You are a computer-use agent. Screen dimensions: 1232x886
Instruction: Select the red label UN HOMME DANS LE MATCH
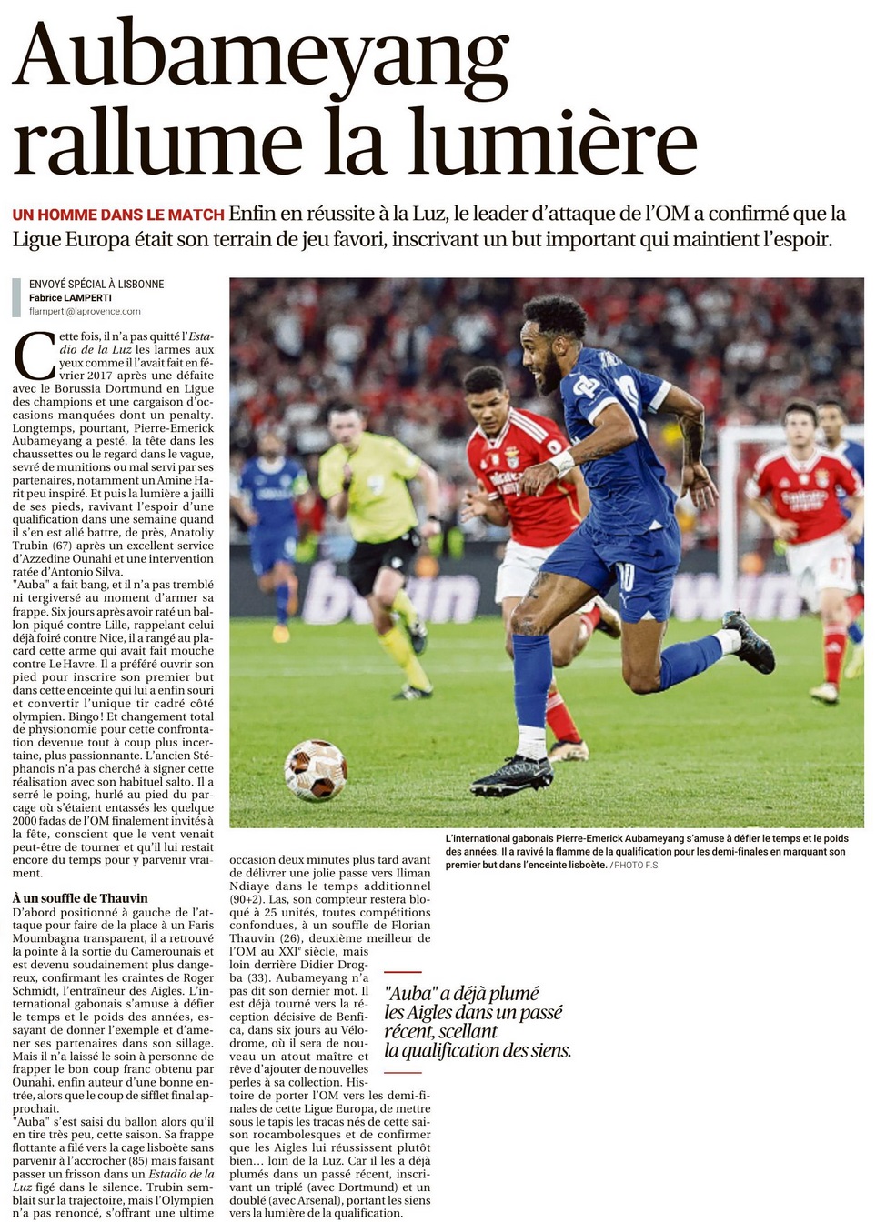tap(118, 215)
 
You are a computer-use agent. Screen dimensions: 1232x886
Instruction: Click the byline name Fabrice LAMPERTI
tap(70, 297)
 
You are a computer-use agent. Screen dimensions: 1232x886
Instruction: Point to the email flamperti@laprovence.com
tap(85, 311)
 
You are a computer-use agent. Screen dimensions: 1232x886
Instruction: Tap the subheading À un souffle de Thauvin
tap(80, 898)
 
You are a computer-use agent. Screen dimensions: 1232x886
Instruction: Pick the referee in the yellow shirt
tap(377, 491)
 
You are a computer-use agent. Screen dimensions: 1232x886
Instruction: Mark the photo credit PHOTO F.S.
tap(636, 865)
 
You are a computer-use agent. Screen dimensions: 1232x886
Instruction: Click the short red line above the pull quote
tap(403, 972)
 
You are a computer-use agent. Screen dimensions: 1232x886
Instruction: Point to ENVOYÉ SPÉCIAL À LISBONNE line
tap(96, 284)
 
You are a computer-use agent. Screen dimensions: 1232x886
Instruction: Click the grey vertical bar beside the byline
tap(16, 297)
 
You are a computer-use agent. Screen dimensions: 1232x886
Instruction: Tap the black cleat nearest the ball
tap(512, 776)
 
